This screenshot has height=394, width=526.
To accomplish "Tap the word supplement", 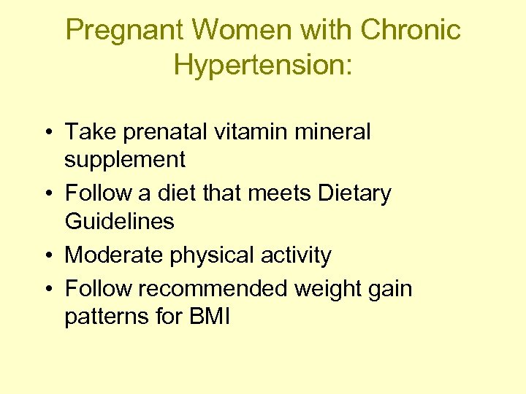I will [x=125, y=160].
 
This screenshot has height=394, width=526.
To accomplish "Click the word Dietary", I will [x=355, y=193].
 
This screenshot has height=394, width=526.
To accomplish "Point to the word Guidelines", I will [x=120, y=221].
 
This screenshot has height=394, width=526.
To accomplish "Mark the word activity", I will [x=297, y=255].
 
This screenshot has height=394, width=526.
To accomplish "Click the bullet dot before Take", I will [x=46, y=133].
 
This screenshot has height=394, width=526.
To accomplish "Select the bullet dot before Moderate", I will [x=46, y=256].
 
